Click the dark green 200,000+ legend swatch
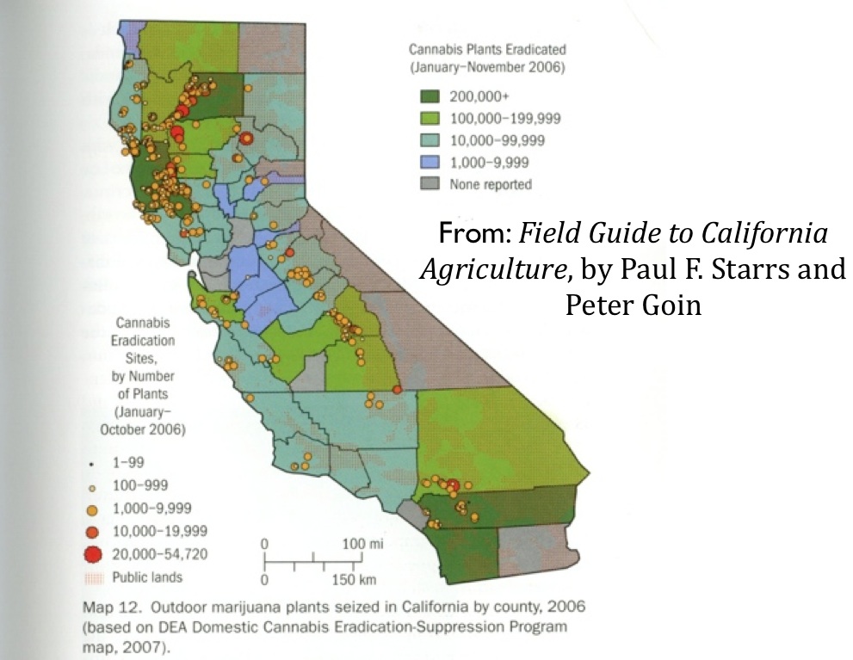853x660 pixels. point(430,95)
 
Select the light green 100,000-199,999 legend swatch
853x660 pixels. point(430,117)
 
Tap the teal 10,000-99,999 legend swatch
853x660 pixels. point(430,139)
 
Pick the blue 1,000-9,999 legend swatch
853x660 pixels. point(430,162)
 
